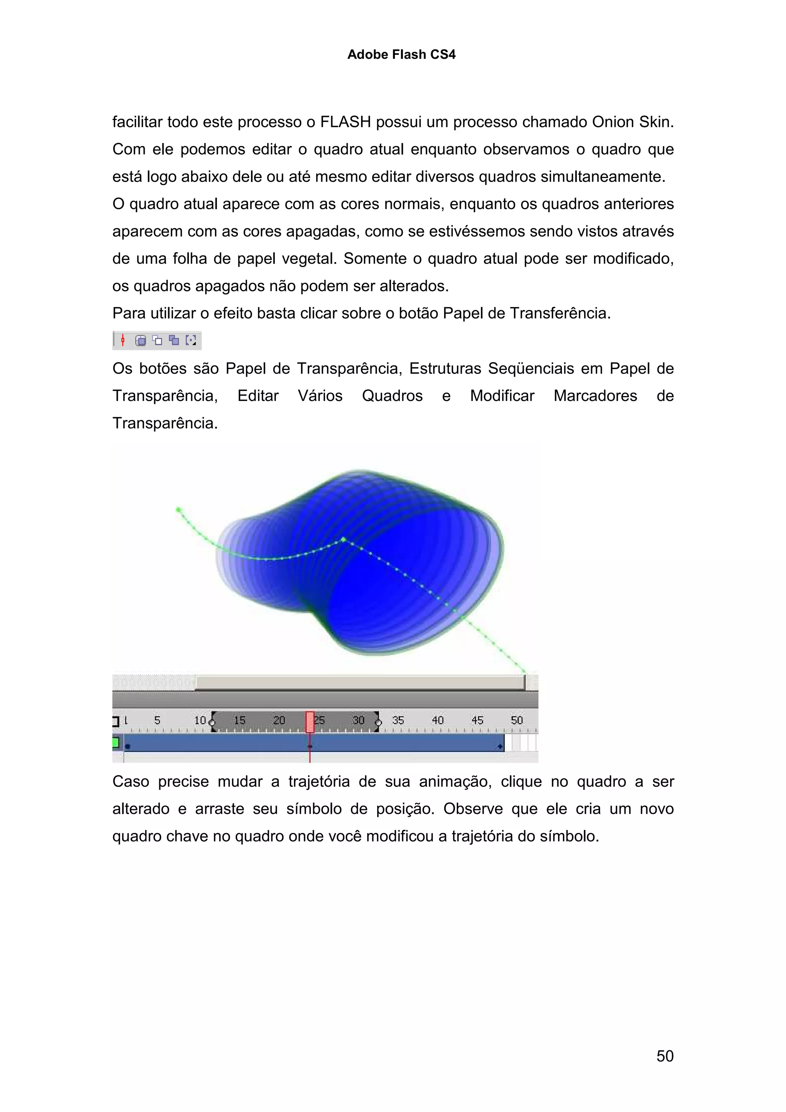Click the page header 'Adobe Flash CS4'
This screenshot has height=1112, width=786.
coord(401,54)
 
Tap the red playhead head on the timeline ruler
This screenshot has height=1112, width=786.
coord(310,721)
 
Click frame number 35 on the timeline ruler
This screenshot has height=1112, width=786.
coord(398,720)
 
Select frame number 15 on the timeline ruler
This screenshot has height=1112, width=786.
coord(239,720)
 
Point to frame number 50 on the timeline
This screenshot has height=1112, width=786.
coord(516,720)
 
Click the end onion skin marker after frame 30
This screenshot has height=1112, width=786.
coord(378,723)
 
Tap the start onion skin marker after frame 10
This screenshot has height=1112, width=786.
coord(212,723)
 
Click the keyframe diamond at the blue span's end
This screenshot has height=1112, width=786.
coord(500,746)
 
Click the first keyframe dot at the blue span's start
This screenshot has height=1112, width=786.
coord(128,746)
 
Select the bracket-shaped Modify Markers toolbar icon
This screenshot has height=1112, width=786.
coord(191,340)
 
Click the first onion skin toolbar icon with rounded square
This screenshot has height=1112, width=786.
coord(140,340)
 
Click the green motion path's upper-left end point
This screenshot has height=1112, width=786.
coord(178,510)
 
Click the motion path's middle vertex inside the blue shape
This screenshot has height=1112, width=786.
coord(343,539)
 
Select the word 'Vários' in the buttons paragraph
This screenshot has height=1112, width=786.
coord(320,396)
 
